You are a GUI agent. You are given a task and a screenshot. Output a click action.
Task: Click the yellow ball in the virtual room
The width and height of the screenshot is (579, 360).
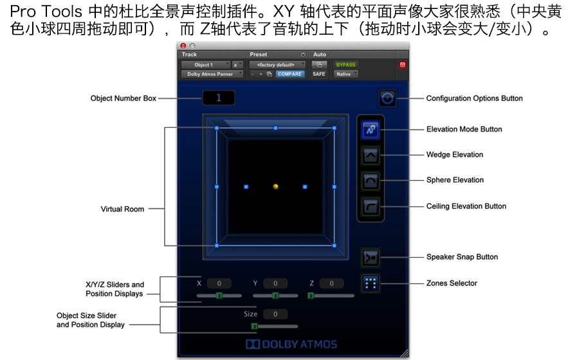point(275,186)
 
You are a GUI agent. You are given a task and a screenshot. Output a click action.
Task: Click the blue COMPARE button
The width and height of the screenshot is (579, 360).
point(289,74)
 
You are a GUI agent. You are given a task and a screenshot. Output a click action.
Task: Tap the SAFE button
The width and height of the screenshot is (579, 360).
point(318,74)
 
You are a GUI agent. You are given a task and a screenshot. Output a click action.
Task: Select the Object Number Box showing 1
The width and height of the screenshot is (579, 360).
point(219,98)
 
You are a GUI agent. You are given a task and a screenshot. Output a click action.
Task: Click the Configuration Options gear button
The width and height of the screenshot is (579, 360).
point(387,98)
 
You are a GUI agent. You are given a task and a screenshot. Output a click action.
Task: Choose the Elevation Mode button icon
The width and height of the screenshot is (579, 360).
point(371,130)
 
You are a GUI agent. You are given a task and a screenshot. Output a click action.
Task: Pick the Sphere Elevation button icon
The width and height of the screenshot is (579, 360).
point(371,181)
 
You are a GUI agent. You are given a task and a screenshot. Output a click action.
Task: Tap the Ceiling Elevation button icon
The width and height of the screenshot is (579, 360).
point(371,206)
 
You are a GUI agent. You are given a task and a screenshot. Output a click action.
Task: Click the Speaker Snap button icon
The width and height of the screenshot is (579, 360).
point(371,257)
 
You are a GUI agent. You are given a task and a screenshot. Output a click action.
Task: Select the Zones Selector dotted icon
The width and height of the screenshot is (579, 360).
point(371,283)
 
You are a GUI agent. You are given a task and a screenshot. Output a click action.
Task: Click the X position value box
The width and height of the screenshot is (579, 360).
point(219,283)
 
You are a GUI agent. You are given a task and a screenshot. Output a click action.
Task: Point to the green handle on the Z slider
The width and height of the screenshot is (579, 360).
point(311,296)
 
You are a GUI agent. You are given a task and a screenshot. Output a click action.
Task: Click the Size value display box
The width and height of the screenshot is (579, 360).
point(275,314)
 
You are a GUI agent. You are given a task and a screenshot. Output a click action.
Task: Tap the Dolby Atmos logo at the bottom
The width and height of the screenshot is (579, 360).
point(291,344)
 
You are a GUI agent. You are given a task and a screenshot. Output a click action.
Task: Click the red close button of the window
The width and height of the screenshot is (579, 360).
point(183,46)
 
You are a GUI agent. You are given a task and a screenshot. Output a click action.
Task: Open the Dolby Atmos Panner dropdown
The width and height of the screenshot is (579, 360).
point(212,74)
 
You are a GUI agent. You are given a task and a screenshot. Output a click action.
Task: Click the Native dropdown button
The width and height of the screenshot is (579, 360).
point(345,74)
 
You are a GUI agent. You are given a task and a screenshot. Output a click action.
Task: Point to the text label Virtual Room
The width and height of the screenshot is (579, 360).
point(123,209)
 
